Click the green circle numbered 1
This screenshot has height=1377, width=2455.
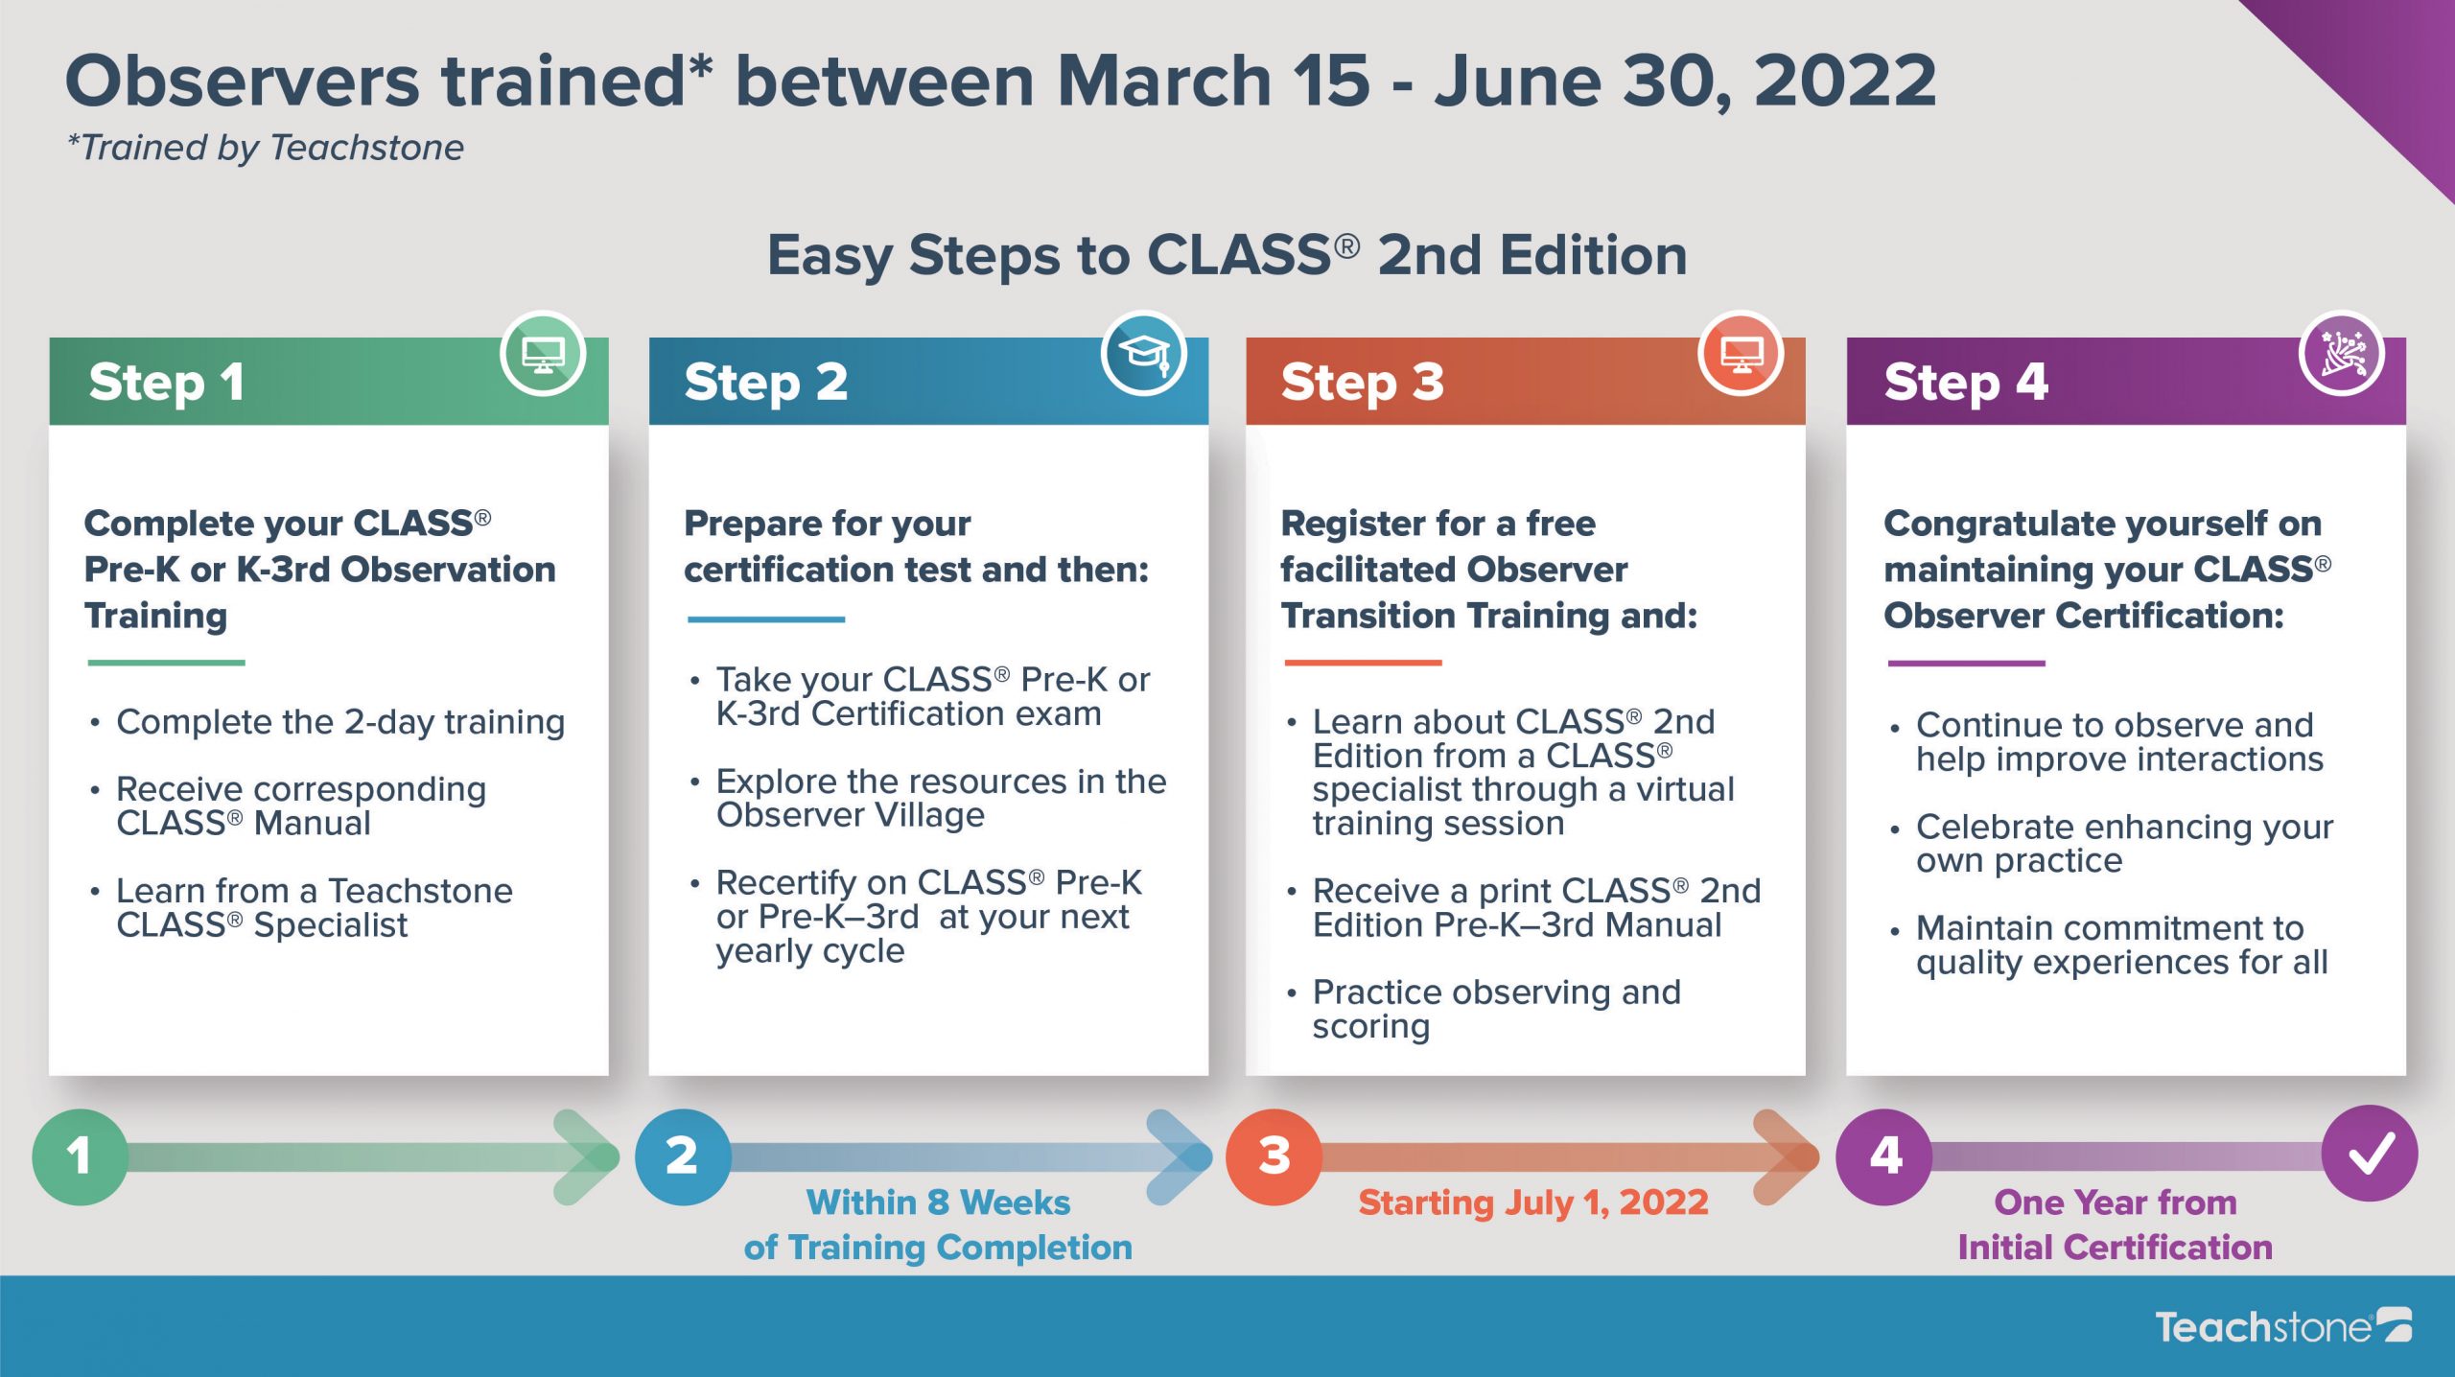pos(80,1156)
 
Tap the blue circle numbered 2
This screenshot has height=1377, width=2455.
pos(683,1156)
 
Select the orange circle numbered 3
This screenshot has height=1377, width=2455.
pos(1274,1156)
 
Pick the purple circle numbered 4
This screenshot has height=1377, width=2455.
pos(1883,1156)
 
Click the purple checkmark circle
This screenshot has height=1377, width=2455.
pos(2370,1154)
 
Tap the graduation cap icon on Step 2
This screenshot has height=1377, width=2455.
pos(1144,354)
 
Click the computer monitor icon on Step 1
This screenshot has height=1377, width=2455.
pos(543,354)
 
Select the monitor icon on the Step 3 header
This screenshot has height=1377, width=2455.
pos(1741,354)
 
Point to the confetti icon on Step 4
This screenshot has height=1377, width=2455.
pos(2342,354)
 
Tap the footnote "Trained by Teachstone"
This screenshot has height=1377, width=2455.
pos(266,148)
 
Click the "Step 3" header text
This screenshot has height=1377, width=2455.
pos(1362,383)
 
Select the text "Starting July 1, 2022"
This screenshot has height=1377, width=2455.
pos(1533,1202)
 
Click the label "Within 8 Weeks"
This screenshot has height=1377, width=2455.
pos(938,1202)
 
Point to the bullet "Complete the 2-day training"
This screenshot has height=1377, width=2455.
pos(340,722)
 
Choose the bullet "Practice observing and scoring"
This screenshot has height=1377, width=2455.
pos(1496,1009)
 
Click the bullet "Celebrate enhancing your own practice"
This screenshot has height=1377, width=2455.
pos(2124,843)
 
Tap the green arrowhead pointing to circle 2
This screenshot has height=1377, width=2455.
pos(587,1156)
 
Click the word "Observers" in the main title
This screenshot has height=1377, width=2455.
pos(243,81)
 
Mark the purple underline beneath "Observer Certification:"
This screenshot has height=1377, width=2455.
pos(1966,663)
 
